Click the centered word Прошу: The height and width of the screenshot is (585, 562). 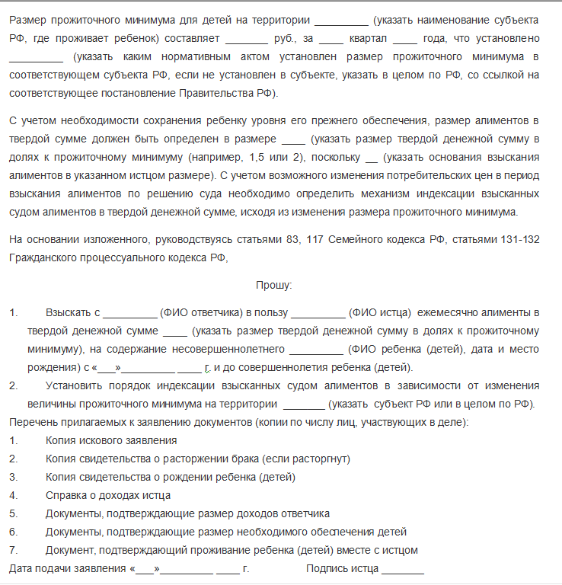(x=273, y=285)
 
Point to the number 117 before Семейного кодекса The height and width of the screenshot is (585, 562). (x=316, y=239)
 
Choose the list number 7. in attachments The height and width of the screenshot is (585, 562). (x=14, y=550)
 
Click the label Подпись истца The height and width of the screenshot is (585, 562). (x=342, y=568)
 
